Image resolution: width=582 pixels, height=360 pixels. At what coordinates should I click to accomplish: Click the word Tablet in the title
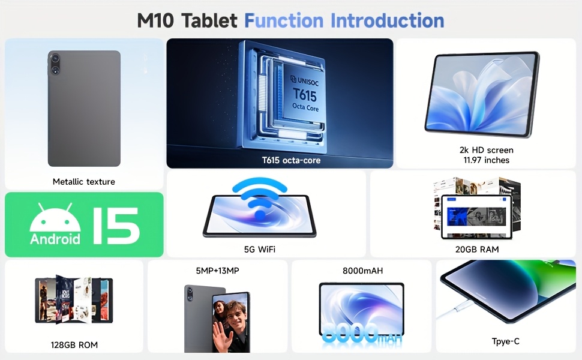(210, 20)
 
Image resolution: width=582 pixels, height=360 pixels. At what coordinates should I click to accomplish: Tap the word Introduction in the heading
(387, 20)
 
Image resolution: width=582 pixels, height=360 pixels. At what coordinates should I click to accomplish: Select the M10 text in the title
(155, 20)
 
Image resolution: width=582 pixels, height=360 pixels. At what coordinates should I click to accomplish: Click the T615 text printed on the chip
(305, 95)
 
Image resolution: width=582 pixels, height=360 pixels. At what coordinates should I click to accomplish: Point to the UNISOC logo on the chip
(304, 80)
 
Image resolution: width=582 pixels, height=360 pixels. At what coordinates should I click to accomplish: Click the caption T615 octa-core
(291, 160)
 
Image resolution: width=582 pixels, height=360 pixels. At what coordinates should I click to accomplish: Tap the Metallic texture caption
(84, 181)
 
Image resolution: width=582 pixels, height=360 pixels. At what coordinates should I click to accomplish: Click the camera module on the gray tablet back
(55, 64)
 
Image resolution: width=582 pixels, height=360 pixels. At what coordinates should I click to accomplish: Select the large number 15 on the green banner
(115, 225)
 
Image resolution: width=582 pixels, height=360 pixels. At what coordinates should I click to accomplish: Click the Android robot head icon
(55, 218)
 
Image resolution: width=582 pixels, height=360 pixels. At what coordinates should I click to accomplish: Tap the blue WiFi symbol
(259, 198)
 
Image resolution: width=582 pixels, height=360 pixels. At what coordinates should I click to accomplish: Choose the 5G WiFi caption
(259, 250)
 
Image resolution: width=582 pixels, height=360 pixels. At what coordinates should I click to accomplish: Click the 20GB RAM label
(477, 250)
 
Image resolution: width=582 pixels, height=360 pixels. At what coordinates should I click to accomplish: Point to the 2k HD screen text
(486, 150)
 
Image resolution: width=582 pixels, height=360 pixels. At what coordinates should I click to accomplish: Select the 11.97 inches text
(486, 160)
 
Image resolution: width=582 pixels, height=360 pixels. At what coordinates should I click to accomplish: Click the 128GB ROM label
(74, 345)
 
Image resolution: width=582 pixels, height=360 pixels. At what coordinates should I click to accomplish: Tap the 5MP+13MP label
(218, 271)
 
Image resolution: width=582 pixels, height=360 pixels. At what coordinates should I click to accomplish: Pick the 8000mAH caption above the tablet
(362, 271)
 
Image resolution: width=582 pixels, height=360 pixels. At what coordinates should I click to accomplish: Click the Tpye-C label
(506, 341)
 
